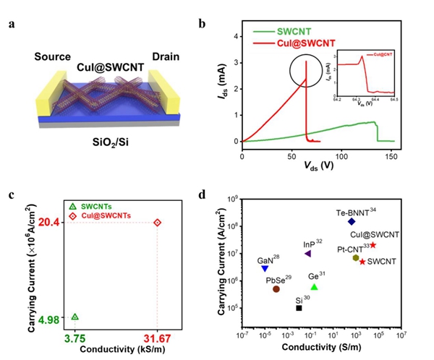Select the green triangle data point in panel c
coord(75,317)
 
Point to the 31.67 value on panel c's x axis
coord(157,338)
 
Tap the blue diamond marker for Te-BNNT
coord(352,222)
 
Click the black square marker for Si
coord(299,308)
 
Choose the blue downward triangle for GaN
coord(265,269)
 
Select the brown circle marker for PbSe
coord(276,289)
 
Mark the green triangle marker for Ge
coord(314,287)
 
